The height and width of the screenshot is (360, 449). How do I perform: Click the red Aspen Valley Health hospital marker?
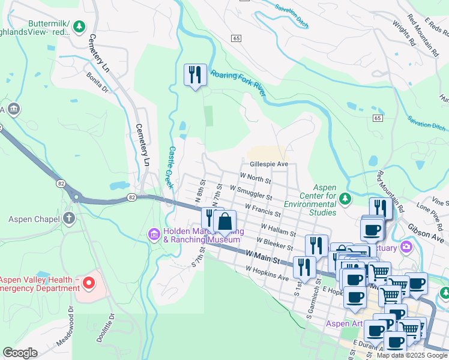tap(88, 282)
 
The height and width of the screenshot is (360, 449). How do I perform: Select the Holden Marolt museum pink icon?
tap(154, 233)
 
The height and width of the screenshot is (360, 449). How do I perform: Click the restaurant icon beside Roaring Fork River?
tap(194, 75)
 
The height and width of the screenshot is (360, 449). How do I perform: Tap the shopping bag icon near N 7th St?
tap(224, 221)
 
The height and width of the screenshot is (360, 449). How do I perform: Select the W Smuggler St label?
tap(250, 192)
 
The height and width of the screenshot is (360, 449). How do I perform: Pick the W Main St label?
tap(264, 257)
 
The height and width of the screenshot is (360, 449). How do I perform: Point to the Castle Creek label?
tap(170, 167)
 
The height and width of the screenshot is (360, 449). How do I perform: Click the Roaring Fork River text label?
tap(238, 83)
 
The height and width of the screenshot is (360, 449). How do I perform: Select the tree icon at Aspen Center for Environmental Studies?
tap(345, 198)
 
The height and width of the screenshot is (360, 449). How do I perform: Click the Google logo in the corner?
tap(20, 352)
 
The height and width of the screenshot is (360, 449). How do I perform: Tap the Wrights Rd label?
tap(404, 34)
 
